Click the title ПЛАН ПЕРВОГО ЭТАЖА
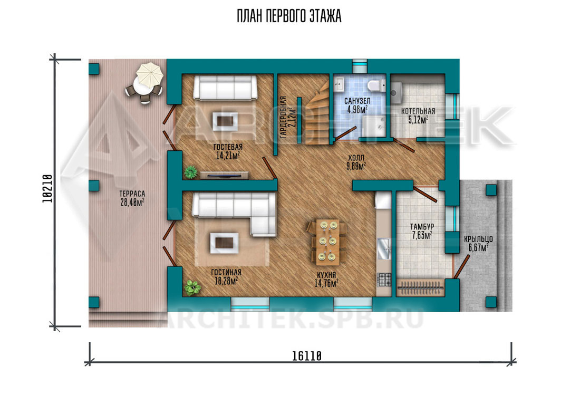[289, 16]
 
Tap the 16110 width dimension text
[307, 356]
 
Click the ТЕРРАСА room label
[132, 194]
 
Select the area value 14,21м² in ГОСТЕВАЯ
[228, 156]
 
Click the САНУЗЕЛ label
[357, 101]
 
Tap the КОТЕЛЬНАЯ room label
[418, 111]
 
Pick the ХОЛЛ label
[356, 158]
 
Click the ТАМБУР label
[422, 226]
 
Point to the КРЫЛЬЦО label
[478, 239]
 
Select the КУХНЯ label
[326, 275]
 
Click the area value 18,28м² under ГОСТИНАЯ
[226, 281]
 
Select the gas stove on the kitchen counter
[384, 280]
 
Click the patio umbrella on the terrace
[149, 75]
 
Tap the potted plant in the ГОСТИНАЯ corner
[192, 287]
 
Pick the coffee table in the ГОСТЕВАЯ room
[225, 121]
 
